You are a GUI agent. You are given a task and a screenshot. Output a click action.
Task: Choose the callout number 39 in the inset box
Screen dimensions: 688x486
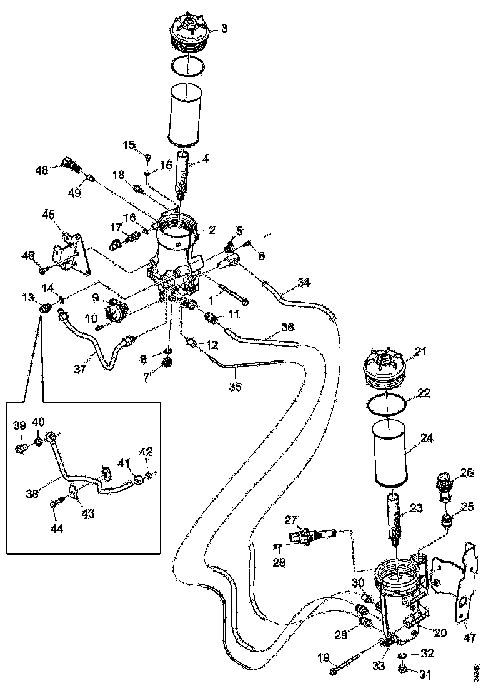19,425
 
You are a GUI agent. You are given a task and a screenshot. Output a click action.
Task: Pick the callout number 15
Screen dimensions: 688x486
129,145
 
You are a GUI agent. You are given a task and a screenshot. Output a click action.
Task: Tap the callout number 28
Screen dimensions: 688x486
279,562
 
